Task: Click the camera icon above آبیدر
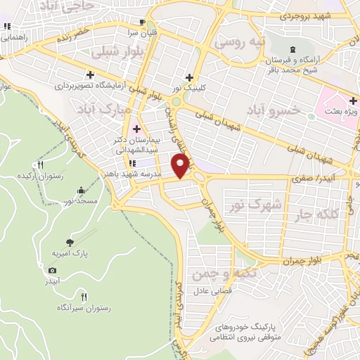click(x=52, y=270)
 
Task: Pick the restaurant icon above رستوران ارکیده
click(x=40, y=165)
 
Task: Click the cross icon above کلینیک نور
click(x=188, y=77)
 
